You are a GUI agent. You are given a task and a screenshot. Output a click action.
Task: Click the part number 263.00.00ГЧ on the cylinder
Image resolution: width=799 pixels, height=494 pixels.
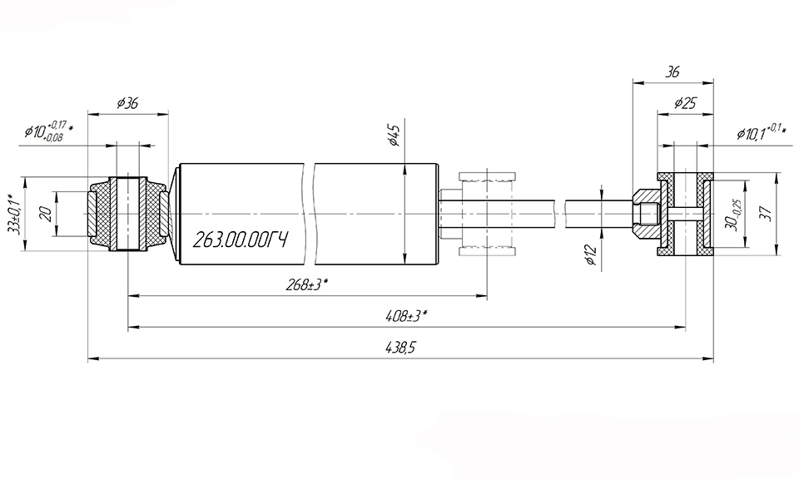pyautogui.click(x=240, y=241)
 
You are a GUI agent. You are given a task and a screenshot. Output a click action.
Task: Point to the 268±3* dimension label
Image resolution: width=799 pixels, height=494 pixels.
pyautogui.click(x=306, y=284)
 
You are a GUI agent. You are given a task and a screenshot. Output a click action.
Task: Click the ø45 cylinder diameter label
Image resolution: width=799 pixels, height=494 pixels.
pyautogui.click(x=395, y=134)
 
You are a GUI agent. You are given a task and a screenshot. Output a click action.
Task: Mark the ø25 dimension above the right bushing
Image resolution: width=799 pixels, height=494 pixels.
pyautogui.click(x=684, y=104)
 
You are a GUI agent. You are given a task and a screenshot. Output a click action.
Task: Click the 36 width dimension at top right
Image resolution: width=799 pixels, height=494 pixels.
pyautogui.click(x=672, y=72)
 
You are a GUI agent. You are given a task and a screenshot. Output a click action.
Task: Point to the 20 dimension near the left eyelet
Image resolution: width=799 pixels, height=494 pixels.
pyautogui.click(x=47, y=214)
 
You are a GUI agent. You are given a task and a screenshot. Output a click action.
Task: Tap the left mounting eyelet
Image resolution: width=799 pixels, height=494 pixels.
pyautogui.click(x=127, y=214)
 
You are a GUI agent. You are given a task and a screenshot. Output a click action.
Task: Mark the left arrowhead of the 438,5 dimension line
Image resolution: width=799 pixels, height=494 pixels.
pyautogui.click(x=91, y=359)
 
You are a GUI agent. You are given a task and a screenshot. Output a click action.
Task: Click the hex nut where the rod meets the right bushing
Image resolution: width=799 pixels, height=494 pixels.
pyautogui.click(x=645, y=214)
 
